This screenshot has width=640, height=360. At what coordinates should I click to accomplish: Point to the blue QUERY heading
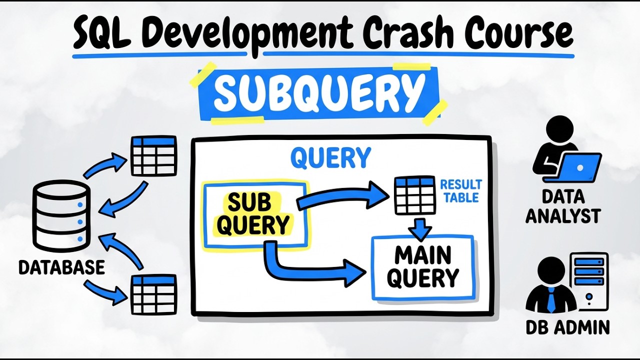coord(330,158)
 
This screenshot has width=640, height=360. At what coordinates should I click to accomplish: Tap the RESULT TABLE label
coord(460,191)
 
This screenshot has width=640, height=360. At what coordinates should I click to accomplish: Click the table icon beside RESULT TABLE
coord(414,195)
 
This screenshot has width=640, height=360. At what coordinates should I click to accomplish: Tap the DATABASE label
coord(61,267)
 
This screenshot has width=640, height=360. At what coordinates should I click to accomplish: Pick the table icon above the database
coord(153,156)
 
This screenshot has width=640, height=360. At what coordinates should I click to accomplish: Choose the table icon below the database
coord(153,295)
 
